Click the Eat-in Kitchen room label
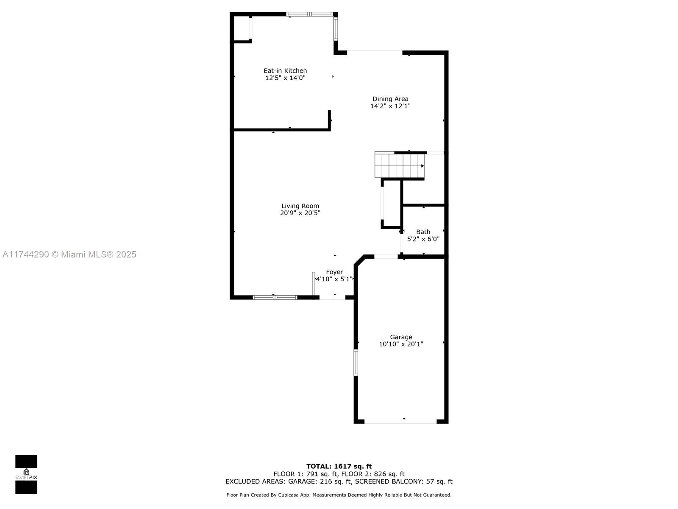[285, 71]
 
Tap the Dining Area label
[390, 99]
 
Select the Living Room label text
[300, 206]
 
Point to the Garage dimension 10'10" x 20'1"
[401, 344]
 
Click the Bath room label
[423, 232]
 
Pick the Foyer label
[334, 272]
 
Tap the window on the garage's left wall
[356, 362]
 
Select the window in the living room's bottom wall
[275, 298]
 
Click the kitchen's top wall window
[309, 14]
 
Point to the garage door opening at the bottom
[400, 422]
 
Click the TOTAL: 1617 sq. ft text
[339, 466]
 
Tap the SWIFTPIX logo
[26, 474]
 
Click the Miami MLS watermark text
[69, 255]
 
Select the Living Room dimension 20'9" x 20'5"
[300, 213]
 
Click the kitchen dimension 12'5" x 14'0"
[285, 78]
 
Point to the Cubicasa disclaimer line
[339, 495]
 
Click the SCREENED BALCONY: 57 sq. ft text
[404, 481]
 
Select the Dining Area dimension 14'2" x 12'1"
[390, 106]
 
